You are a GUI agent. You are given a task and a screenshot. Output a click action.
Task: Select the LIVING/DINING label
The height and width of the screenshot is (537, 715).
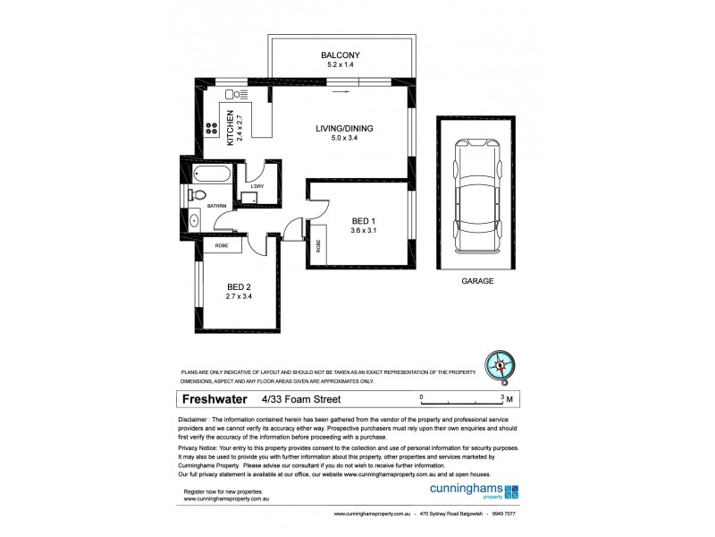[344, 128]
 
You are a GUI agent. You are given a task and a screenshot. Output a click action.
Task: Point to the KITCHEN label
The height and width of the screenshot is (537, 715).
[230, 127]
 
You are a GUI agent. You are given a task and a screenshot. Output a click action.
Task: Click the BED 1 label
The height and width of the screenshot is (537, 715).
[362, 220]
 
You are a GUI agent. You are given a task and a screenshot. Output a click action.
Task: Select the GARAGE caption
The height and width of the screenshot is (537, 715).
[476, 281]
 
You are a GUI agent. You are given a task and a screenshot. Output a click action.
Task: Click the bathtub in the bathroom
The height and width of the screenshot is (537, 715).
[211, 173]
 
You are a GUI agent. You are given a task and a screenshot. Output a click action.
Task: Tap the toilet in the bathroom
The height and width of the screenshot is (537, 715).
[198, 195]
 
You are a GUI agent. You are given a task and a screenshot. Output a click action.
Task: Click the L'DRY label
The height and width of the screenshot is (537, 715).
[257, 186]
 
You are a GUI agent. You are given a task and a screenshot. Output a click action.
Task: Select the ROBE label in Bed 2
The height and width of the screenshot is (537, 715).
[222, 245]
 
